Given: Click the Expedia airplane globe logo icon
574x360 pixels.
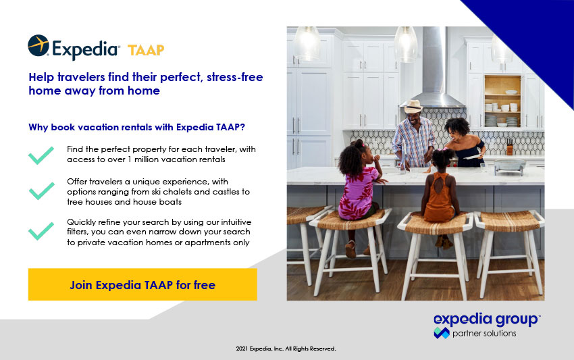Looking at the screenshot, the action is [x=38, y=45].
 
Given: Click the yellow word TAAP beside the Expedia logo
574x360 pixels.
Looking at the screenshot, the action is [x=146, y=50].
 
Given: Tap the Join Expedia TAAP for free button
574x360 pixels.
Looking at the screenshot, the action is [x=142, y=284].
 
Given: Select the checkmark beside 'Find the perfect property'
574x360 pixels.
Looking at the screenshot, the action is [x=41, y=155].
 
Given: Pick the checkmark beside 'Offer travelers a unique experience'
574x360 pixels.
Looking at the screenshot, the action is [x=41, y=190].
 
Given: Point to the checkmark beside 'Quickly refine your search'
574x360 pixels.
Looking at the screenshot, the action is [x=41, y=231].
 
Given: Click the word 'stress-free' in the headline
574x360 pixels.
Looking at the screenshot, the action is [x=234, y=77].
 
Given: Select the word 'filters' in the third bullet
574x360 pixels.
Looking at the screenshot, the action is [x=77, y=232].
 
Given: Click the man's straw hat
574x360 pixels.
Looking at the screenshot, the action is [x=413, y=107].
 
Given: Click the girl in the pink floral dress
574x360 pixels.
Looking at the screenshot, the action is [x=358, y=198].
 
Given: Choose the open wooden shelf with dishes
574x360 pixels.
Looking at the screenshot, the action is [x=502, y=101].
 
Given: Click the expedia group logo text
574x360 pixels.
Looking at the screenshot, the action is [x=486, y=319].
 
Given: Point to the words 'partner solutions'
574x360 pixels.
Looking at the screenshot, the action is [x=484, y=333].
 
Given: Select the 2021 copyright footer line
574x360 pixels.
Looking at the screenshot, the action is [x=286, y=349].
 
